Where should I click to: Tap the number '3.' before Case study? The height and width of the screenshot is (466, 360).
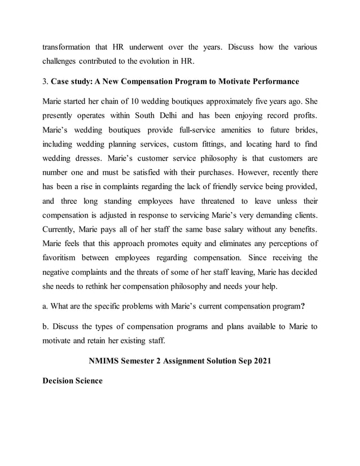(46, 82)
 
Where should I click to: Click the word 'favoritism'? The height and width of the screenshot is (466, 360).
(63, 258)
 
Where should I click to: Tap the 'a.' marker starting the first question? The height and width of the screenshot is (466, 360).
(46, 307)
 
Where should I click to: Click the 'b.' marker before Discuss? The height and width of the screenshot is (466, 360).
(46, 327)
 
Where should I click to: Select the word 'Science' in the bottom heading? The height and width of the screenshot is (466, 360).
(87, 381)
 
